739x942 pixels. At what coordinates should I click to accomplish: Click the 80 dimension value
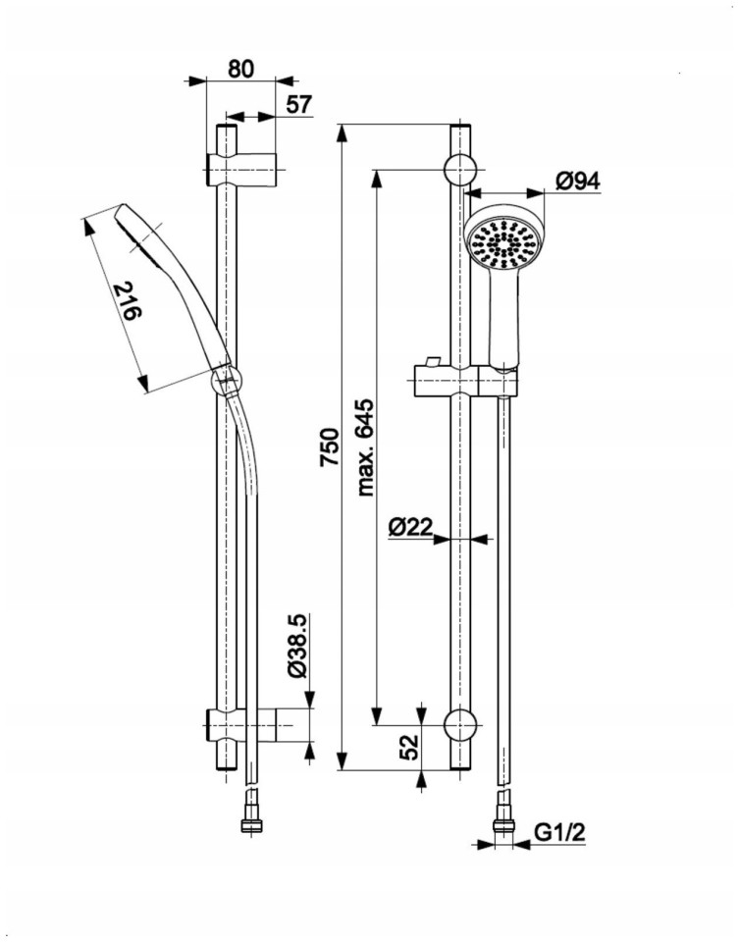pyautogui.click(x=240, y=69)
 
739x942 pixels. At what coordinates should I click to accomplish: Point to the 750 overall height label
pyautogui.click(x=330, y=446)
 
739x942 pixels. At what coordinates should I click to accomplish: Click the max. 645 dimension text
pyautogui.click(x=365, y=447)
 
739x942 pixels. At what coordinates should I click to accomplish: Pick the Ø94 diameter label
pyautogui.click(x=577, y=182)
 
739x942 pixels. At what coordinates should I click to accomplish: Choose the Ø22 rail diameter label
pyautogui.click(x=410, y=527)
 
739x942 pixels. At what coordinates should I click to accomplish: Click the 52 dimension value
pyautogui.click(x=409, y=748)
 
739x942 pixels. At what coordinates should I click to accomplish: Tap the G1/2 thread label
pyautogui.click(x=560, y=833)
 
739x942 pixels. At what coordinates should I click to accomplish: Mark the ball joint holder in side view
pyautogui.click(x=226, y=380)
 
